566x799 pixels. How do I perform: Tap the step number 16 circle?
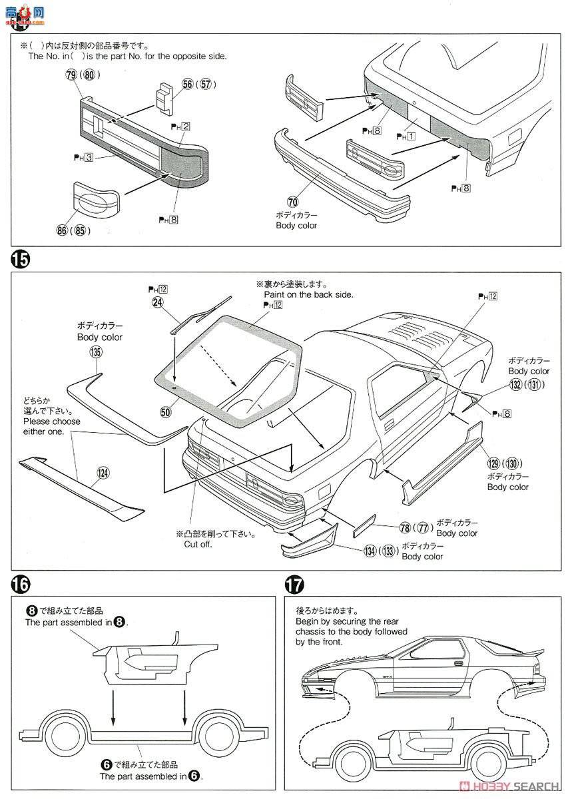pos(20,585)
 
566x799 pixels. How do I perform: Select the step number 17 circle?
pos(294,585)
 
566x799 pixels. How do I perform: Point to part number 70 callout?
pos(293,202)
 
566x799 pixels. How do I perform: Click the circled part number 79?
pos(71,75)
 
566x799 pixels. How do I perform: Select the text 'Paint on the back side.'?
pos(308,294)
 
